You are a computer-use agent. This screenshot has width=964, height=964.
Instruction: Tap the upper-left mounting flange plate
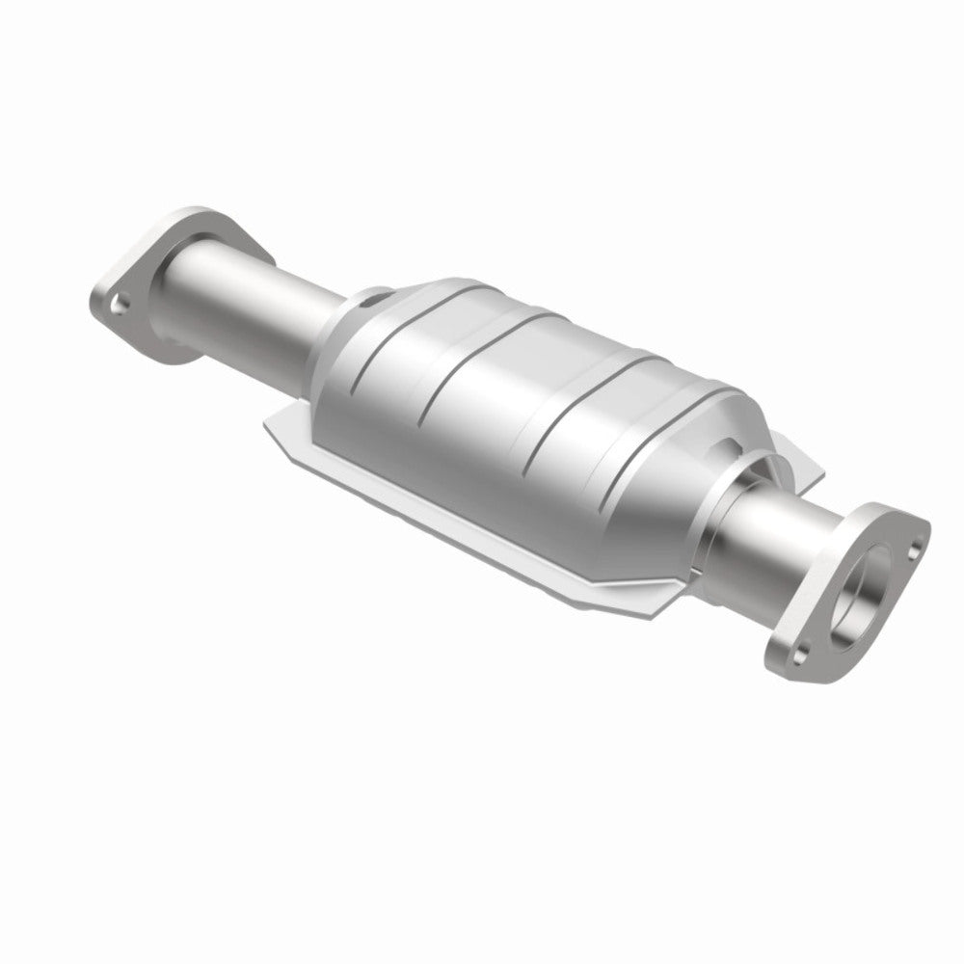click(x=145, y=289)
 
